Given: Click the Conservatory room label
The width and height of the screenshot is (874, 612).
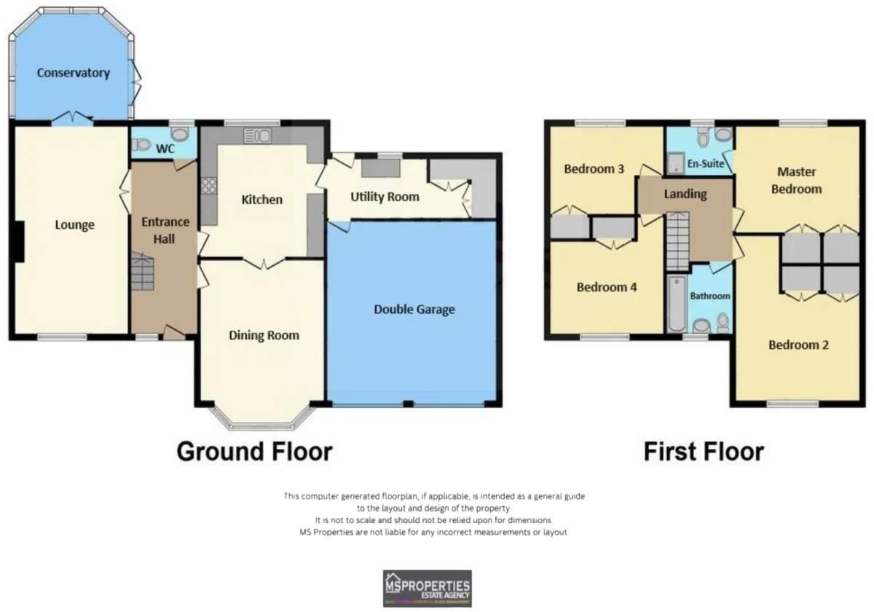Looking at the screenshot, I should click(x=74, y=73).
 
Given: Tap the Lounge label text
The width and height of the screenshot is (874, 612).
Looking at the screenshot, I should click(x=75, y=225).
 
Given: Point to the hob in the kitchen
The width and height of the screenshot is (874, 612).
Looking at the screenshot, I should click(x=208, y=186).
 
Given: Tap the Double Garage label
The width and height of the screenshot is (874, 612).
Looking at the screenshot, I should click(x=414, y=309).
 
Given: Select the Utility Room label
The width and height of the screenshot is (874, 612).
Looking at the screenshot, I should click(x=385, y=197).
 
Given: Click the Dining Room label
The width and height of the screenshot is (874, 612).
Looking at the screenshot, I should click(x=264, y=335).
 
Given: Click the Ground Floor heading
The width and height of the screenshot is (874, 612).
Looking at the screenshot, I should click(x=254, y=451).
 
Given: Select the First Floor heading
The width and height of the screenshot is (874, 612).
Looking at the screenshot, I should click(x=703, y=451).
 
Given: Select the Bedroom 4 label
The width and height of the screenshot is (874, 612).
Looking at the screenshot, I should click(x=607, y=287).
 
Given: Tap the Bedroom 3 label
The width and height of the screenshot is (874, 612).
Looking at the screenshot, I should click(x=594, y=169).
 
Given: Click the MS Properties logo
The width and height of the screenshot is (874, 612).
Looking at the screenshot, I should click(x=428, y=588).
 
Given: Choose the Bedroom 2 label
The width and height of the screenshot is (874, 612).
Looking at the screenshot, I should click(x=798, y=345).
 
